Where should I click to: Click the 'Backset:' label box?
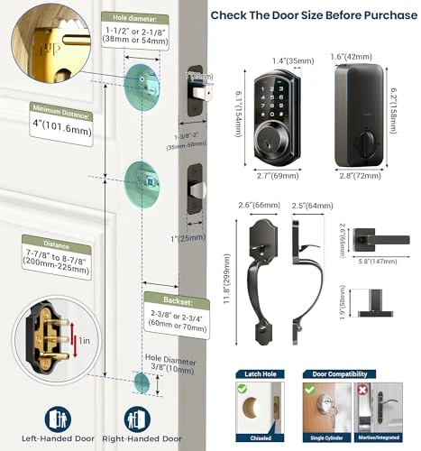coord(167,298)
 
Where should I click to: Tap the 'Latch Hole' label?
coord(255,373)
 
